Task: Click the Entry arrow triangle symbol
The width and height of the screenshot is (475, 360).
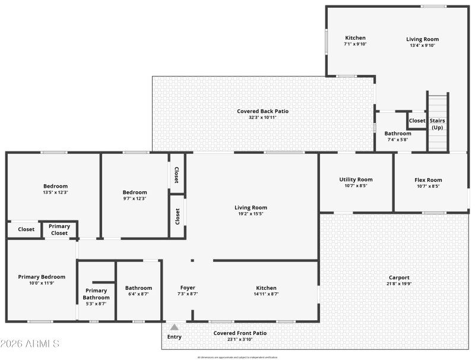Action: point(174,327)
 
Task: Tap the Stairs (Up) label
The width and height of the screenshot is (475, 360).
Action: point(437,124)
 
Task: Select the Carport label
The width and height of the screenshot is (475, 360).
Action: point(399,277)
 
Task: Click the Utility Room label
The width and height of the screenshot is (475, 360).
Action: point(356,179)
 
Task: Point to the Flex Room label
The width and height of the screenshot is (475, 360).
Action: point(427,179)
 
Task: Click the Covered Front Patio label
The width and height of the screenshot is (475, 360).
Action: point(240,333)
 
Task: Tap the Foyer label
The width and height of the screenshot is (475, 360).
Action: point(188,288)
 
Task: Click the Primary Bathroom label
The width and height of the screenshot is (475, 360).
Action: point(96,294)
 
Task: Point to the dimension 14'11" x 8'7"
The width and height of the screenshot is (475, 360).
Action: point(265,294)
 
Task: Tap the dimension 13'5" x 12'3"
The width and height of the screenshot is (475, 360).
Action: point(55,192)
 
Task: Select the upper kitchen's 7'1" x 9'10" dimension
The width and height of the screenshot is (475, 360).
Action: point(356,44)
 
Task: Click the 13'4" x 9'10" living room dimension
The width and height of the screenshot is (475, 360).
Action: point(422,46)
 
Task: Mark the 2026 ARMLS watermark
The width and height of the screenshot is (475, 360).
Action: point(30,344)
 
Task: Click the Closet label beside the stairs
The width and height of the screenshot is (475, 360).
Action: point(417,121)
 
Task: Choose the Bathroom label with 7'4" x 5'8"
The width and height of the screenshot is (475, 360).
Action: point(397,134)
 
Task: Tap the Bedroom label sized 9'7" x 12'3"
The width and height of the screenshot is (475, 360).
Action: point(135,192)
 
